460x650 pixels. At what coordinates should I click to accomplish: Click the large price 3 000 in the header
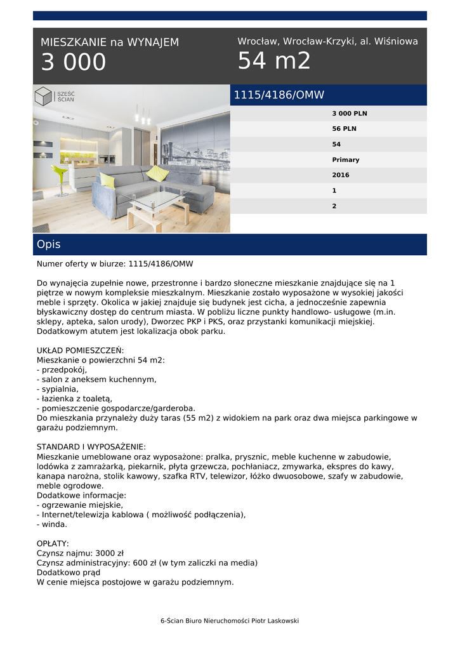tap(74, 63)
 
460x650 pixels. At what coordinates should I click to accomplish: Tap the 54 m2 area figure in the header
tap(274, 61)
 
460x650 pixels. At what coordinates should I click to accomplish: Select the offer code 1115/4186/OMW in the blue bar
tap(279, 95)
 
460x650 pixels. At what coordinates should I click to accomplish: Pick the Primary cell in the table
tap(346, 160)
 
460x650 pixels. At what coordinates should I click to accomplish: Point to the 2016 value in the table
tap(341, 175)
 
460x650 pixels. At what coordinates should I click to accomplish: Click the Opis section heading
tap(49, 244)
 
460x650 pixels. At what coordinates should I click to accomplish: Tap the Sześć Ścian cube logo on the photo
tap(44, 96)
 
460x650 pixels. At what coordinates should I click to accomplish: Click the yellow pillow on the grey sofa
tap(157, 173)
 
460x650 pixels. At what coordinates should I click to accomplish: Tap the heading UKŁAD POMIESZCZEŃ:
tap(81, 350)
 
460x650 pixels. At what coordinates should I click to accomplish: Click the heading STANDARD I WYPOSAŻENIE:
tap(91, 447)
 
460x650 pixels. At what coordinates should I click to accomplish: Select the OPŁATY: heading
tap(53, 543)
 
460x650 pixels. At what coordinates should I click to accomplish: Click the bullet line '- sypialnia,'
tap(58, 389)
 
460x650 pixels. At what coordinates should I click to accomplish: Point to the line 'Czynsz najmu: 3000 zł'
tap(80, 553)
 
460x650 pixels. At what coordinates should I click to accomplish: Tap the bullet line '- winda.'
tap(52, 524)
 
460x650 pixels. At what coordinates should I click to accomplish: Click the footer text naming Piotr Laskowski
tap(230, 621)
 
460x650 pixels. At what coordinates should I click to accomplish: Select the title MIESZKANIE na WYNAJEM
tap(110, 43)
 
